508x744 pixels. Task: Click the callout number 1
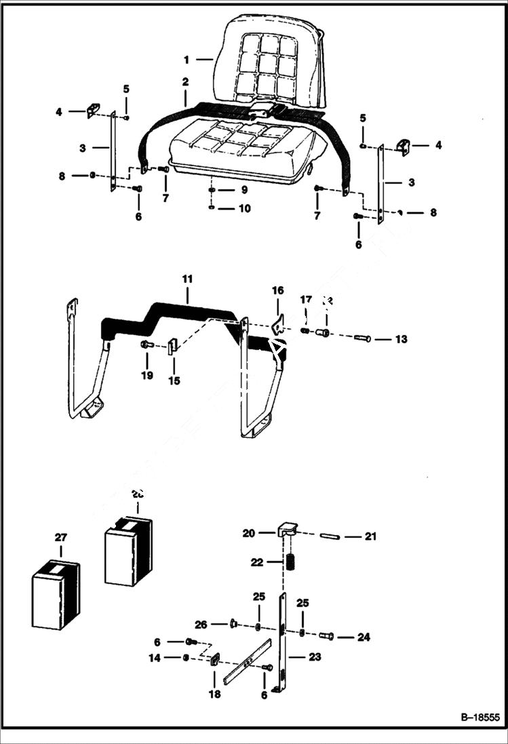point(186,60)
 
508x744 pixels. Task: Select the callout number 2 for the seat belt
point(184,82)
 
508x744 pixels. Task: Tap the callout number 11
point(188,279)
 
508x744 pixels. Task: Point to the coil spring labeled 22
point(290,563)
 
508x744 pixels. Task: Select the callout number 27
point(61,537)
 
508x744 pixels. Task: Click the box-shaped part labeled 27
point(56,593)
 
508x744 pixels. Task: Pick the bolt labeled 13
point(363,338)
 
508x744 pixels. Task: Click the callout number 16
point(278,290)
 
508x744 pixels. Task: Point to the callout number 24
point(364,637)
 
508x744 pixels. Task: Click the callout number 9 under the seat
point(243,191)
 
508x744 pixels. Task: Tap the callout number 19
point(147,376)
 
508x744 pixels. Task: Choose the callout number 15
point(174,380)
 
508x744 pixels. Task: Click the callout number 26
point(200,624)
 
